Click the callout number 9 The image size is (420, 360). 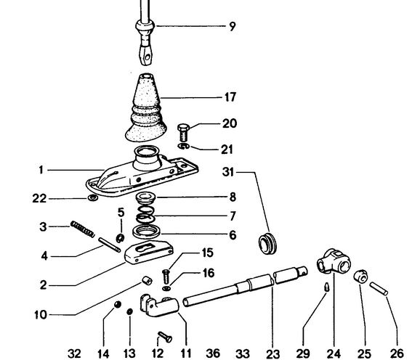(x=232, y=28)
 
